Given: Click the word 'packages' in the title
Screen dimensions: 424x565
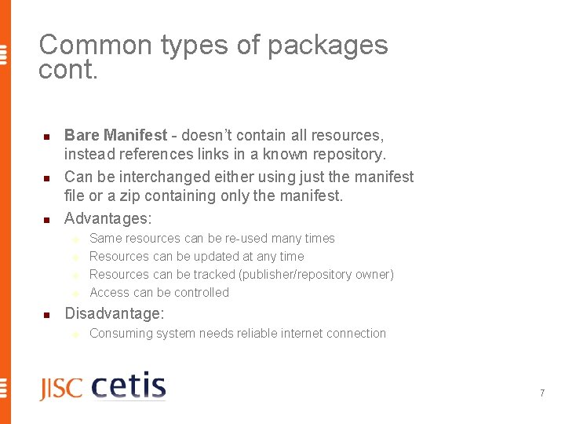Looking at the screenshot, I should tap(327, 46).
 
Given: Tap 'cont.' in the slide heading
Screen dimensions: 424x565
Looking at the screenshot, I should tap(68, 71).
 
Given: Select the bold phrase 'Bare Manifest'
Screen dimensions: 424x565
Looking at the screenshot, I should tap(115, 136).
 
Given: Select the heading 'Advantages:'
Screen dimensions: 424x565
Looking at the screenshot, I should tap(108, 217).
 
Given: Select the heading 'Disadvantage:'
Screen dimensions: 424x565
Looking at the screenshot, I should tap(115, 313).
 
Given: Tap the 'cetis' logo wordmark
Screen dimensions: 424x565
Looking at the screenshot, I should tap(129, 386).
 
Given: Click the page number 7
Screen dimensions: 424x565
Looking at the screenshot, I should tap(541, 393).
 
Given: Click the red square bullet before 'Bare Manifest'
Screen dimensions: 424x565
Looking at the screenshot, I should tap(46, 137).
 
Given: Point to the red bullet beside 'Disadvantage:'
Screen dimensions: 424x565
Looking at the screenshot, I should tap(46, 315).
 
